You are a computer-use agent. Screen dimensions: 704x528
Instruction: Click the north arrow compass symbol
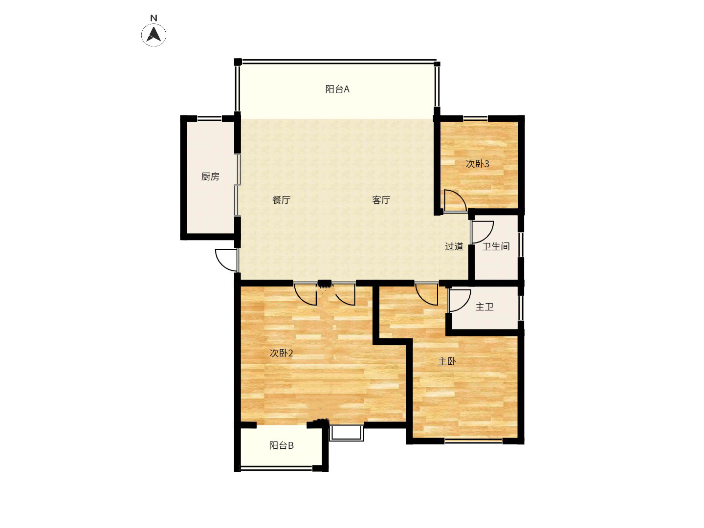click(x=154, y=34)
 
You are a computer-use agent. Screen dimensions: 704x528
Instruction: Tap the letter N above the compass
click(x=154, y=18)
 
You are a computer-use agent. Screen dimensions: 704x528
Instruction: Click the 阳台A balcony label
click(x=337, y=89)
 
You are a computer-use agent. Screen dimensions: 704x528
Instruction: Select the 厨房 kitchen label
click(x=210, y=176)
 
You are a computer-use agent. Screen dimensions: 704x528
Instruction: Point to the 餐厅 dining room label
click(x=281, y=200)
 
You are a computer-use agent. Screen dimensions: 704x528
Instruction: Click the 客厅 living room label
click(x=381, y=200)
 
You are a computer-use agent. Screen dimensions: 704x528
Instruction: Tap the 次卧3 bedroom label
click(x=477, y=164)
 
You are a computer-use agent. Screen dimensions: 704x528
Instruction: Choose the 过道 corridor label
click(x=454, y=246)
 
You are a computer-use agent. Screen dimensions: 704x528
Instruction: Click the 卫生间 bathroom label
click(x=496, y=246)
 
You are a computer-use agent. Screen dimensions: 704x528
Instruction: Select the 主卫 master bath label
click(x=484, y=307)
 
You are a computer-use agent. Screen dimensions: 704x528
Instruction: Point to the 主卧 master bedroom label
click(x=447, y=361)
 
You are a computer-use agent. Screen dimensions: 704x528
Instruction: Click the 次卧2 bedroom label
click(x=281, y=353)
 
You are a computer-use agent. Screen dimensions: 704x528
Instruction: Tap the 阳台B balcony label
click(x=281, y=445)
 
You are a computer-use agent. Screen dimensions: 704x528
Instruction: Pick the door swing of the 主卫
click(x=460, y=300)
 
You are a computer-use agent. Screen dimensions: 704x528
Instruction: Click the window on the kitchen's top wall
click(x=209, y=118)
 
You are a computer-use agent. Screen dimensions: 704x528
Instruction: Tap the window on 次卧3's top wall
click(x=475, y=118)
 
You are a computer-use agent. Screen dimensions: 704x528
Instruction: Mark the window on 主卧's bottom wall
click(x=473, y=441)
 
